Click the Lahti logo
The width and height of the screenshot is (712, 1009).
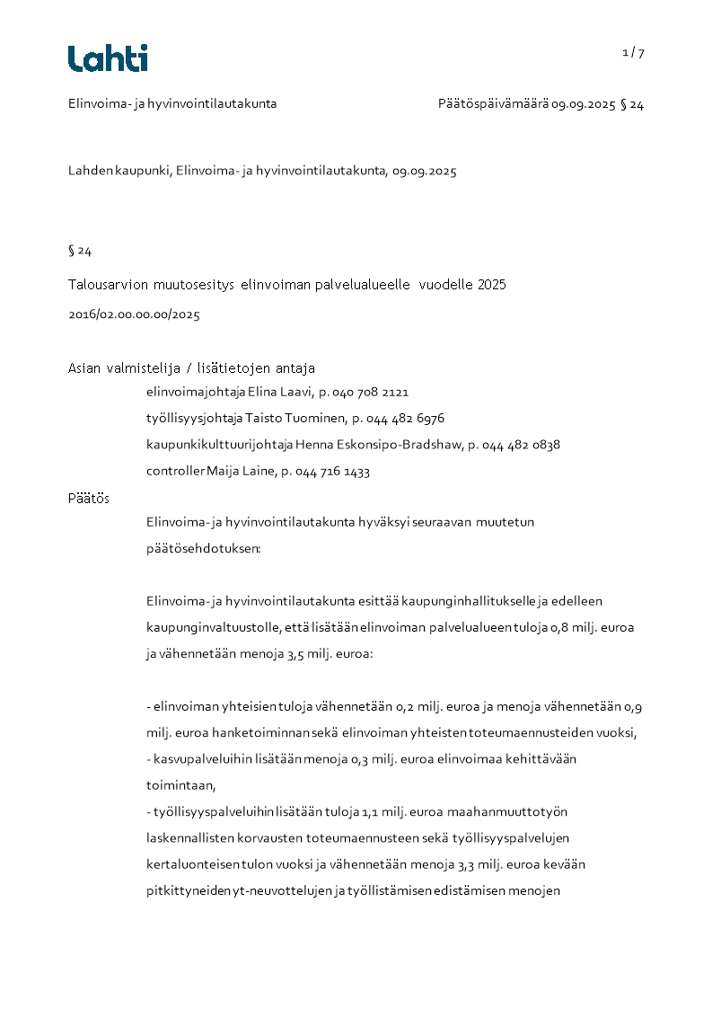click(108, 58)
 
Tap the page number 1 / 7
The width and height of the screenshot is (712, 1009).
click(633, 52)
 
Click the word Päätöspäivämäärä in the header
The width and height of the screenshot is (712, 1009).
click(493, 103)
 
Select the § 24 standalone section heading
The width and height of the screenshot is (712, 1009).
click(80, 251)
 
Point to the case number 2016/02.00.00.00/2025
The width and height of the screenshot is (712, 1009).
click(134, 314)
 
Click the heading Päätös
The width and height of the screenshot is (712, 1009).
click(89, 498)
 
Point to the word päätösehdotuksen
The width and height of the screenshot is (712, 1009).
click(203, 547)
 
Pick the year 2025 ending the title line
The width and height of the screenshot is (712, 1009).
click(491, 285)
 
